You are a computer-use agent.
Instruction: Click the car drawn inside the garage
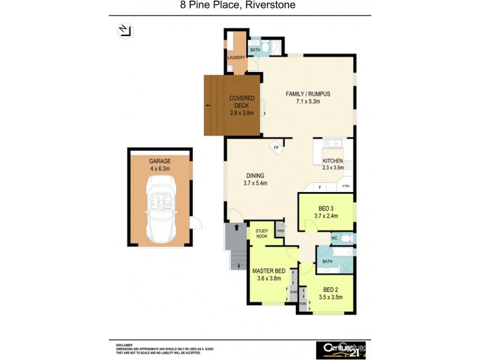click(x=160, y=207)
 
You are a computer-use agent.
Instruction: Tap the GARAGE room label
click(x=160, y=161)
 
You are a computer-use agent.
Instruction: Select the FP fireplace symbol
click(x=277, y=148)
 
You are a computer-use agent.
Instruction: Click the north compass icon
click(x=125, y=30)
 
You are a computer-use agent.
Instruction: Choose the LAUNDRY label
click(x=236, y=58)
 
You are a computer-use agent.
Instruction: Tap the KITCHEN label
click(x=333, y=161)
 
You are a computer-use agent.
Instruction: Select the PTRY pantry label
click(x=346, y=187)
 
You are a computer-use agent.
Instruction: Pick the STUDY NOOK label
click(x=262, y=233)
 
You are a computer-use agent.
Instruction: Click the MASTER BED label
click(x=268, y=271)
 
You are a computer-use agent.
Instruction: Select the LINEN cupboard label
click(x=280, y=230)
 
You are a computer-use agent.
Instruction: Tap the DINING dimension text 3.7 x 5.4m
click(x=255, y=183)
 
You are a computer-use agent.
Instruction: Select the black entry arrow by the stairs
click(x=238, y=228)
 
